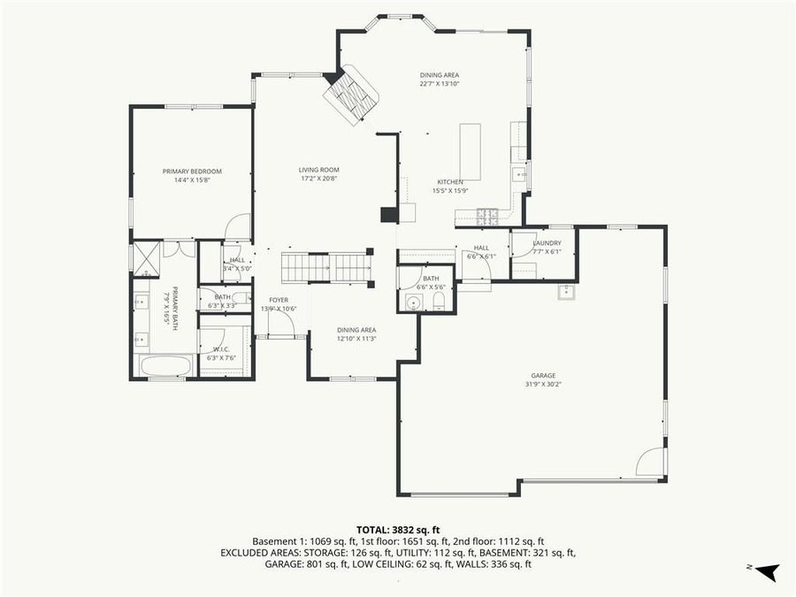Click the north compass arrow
tap(767, 570)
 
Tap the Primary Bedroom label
tap(192, 171)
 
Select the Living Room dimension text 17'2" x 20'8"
tap(318, 179)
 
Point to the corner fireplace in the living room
tap(351, 94)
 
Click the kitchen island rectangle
tap(470, 151)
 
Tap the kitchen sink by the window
tap(520, 174)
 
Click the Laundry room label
tap(547, 242)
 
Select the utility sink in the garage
tap(567, 293)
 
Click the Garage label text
tap(543, 375)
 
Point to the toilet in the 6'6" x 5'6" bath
tap(439, 302)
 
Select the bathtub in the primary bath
tap(165, 366)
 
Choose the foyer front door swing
tap(281, 324)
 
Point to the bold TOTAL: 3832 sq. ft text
tap(398, 528)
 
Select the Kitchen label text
tap(450, 181)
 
